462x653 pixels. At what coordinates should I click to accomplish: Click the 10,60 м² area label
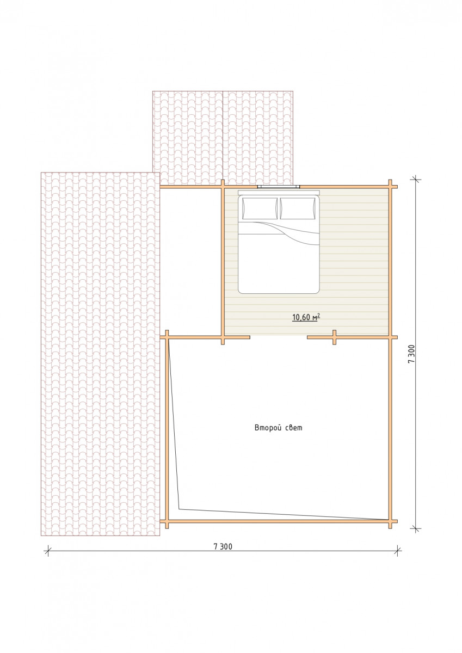306,317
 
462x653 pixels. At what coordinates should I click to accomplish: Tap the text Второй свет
279,428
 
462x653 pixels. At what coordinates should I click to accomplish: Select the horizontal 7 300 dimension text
223,546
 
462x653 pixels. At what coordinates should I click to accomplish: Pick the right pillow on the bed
298,208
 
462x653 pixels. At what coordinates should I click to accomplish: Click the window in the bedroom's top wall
279,186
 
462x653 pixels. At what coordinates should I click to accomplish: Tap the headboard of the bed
279,193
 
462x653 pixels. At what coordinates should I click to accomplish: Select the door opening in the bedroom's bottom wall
279,337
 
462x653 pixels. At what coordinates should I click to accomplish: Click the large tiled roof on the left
100,354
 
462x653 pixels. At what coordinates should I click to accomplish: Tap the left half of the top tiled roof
188,138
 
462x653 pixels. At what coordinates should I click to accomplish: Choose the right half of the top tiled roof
258,138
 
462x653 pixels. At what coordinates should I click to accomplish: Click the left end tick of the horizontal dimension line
47,551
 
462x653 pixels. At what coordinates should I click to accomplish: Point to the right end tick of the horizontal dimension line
398,551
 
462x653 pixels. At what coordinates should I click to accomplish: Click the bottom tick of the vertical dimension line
415,528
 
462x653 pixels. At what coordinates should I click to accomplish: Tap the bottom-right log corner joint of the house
390,521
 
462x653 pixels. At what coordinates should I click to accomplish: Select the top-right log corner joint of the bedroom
390,186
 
